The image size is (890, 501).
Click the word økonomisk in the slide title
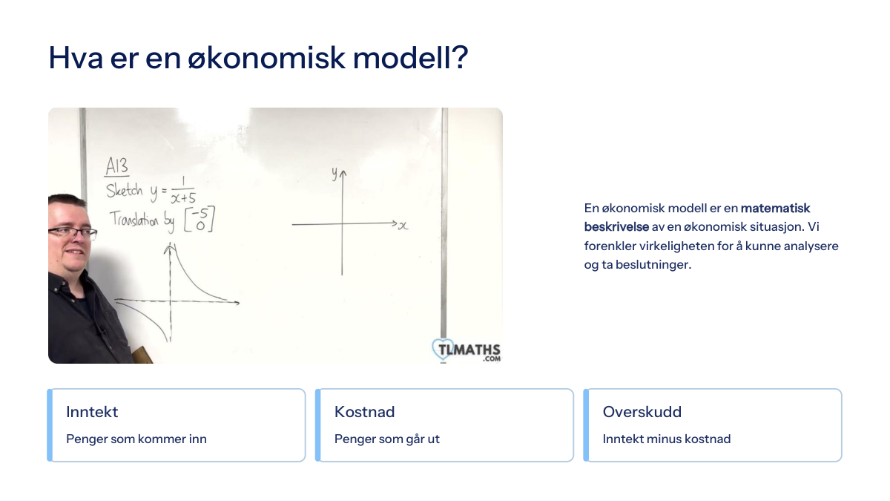point(266,58)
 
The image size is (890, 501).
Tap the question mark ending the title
point(460,57)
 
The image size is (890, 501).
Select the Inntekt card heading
point(92,412)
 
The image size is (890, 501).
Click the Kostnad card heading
point(364,412)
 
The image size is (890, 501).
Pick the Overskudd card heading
point(642,412)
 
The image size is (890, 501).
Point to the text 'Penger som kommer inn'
point(136,439)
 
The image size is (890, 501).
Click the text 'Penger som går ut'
point(387,439)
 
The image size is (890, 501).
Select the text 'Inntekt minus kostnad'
point(667,439)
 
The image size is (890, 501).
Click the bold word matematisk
point(775,208)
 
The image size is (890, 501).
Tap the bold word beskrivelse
point(616,226)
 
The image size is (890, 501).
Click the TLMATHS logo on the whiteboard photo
point(466,350)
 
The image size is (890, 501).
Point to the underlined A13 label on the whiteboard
point(117,166)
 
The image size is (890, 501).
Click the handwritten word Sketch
point(125,191)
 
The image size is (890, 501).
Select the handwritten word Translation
point(134,219)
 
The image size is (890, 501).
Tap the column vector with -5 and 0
point(200,219)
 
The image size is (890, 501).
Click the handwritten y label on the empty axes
point(334,174)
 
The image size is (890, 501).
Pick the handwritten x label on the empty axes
point(403,226)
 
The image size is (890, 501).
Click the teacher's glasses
point(73,232)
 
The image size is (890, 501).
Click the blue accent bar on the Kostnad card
point(318,425)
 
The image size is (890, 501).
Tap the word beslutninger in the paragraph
point(653,265)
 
